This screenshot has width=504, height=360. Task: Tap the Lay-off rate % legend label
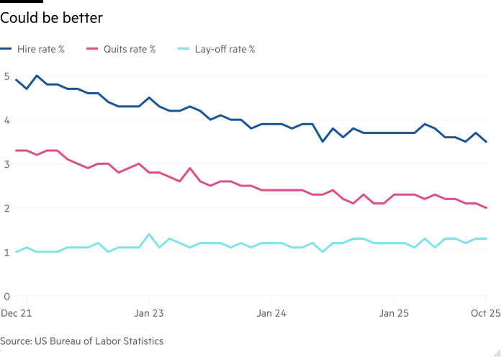coord(224,50)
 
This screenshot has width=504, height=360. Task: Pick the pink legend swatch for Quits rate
coord(91,50)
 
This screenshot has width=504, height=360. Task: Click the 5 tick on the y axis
coord(6,76)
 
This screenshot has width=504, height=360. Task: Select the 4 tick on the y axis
coord(6,120)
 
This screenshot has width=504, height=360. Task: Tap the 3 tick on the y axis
coord(6,164)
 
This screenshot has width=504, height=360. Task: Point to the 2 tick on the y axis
coord(6,208)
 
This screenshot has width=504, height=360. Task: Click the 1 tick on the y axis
coord(6,252)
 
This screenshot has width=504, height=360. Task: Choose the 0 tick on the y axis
coord(6,296)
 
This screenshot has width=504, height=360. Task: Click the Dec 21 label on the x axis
coord(15,313)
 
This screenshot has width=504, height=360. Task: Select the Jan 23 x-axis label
coord(149,313)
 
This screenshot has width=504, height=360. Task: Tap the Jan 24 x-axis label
coord(271,313)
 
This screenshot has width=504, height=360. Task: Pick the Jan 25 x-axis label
coord(394,313)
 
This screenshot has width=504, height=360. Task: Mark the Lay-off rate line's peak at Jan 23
coord(149,234)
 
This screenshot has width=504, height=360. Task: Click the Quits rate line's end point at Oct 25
coord(487,208)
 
